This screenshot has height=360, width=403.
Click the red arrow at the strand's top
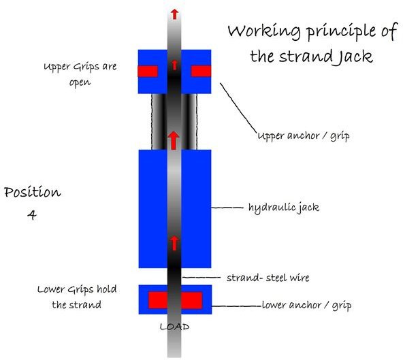coord(174,14)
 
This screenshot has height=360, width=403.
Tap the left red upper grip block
coord(148,71)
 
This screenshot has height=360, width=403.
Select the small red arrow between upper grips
coord(174,65)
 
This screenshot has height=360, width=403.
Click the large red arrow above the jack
coord(174,140)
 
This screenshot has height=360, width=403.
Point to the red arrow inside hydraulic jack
coord(174,242)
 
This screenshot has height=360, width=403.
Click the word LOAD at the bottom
coord(174,327)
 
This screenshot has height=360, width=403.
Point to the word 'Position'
coord(32,192)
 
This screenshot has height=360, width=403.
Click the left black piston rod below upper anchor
coord(158,121)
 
